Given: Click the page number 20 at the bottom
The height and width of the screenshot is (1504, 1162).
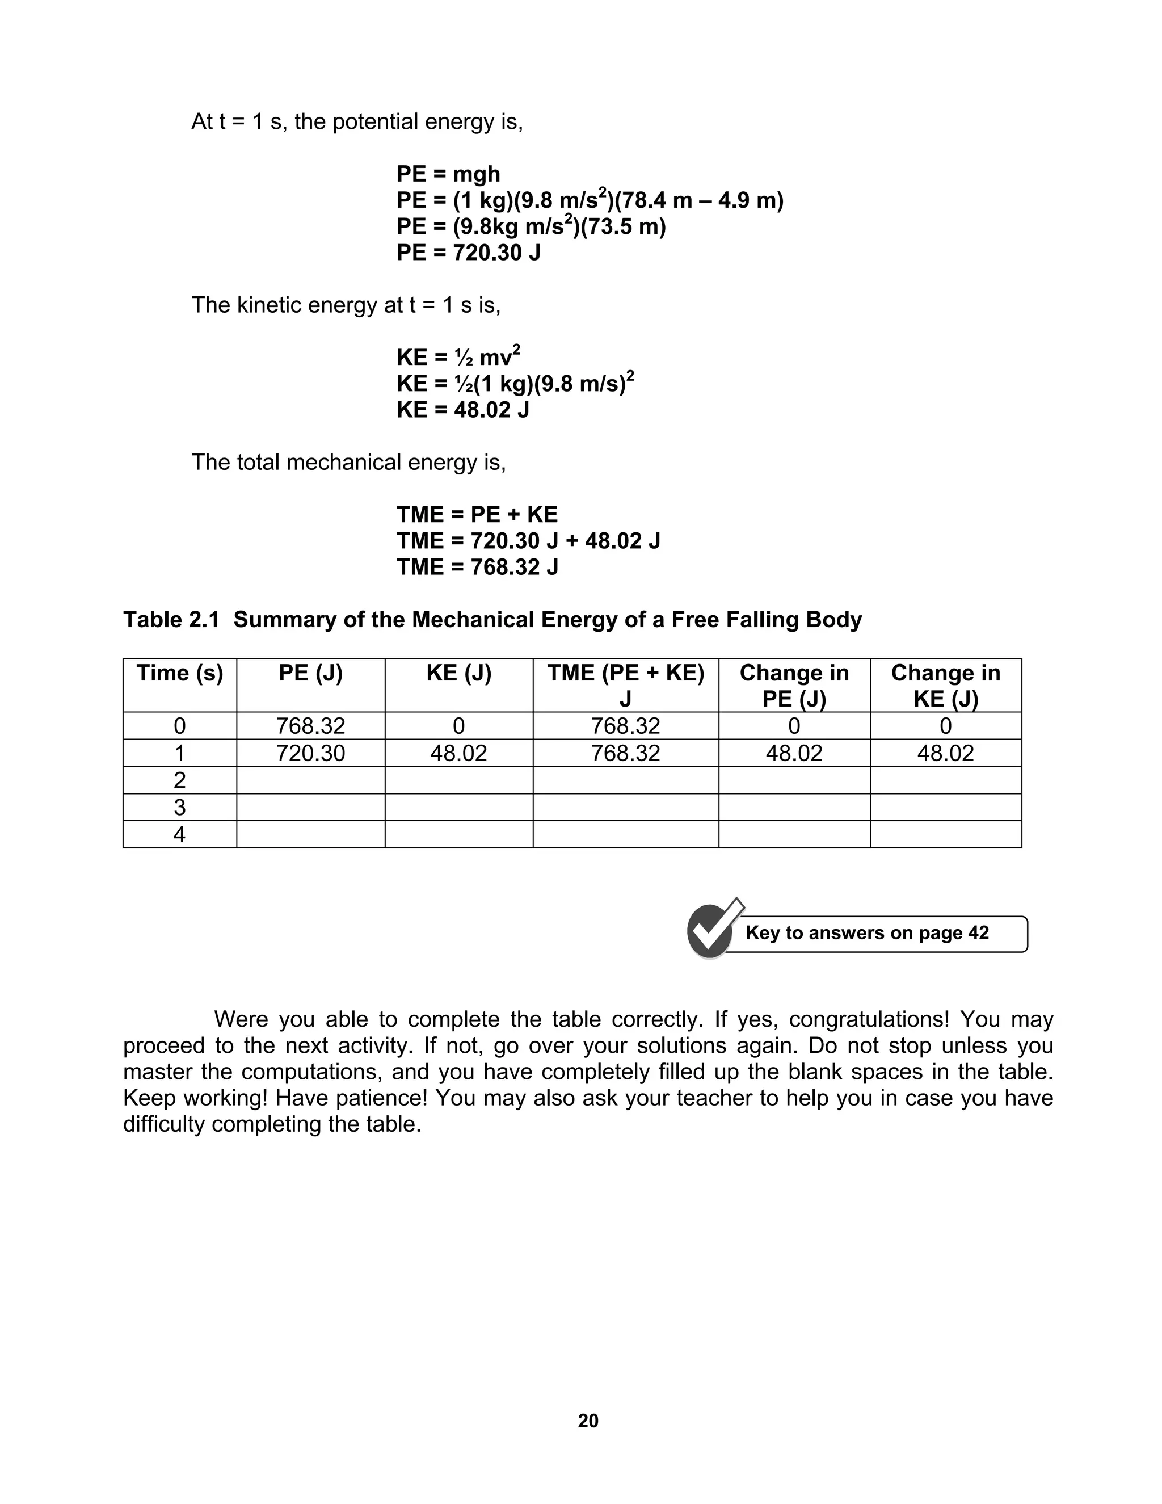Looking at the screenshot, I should (588, 1421).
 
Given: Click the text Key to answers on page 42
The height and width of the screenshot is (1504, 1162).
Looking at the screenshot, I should (867, 933).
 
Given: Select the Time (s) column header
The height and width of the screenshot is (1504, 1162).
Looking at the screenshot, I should (180, 674).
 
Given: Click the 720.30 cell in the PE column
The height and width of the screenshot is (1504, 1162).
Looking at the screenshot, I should (310, 753).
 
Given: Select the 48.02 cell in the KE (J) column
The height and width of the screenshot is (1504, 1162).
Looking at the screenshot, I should (458, 753).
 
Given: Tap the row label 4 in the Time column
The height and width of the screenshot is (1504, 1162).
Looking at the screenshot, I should (180, 835).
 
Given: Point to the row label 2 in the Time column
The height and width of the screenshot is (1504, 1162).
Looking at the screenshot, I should (180, 780).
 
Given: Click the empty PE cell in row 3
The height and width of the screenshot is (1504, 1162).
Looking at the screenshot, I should (310, 807).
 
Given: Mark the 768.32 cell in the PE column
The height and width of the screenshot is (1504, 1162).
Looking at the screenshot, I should (310, 726).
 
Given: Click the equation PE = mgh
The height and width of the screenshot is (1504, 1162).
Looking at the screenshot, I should (448, 174).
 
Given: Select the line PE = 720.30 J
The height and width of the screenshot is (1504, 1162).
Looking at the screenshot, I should (468, 253).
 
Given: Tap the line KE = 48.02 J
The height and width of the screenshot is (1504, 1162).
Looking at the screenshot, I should (462, 410).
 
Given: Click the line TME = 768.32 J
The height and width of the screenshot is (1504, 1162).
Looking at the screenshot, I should (477, 568).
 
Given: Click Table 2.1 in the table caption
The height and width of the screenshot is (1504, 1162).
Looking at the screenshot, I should (171, 620).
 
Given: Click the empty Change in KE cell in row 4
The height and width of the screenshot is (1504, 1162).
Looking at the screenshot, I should (945, 835).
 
